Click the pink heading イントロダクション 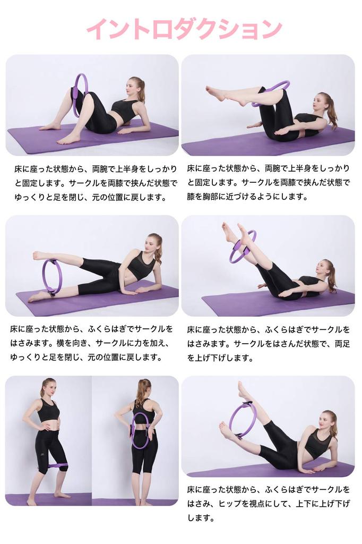coord(184,29)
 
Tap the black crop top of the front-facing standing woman coord(48,411)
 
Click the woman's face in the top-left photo coord(132,87)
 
